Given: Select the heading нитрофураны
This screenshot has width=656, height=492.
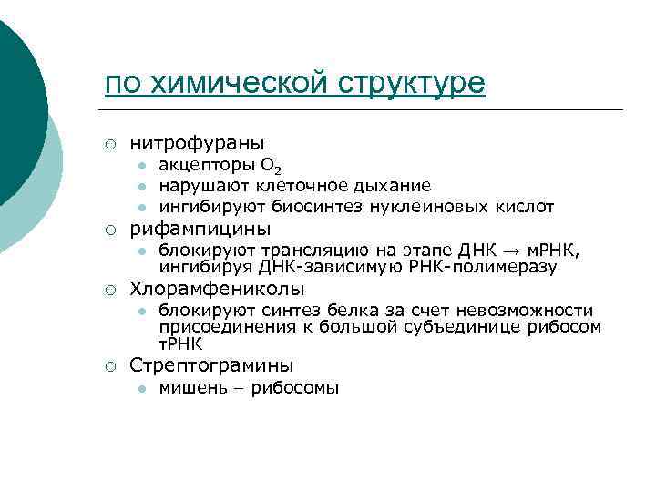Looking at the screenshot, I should pyautogui.click(x=197, y=143).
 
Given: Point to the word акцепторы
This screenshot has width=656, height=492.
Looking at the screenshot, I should pyautogui.click(x=206, y=166).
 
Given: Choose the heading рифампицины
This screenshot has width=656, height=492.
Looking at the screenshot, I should pyautogui.click(x=200, y=228).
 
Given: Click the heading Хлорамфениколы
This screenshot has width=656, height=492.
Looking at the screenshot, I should pyautogui.click(x=217, y=290).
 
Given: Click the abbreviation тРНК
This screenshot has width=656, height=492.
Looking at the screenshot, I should pyautogui.click(x=181, y=343).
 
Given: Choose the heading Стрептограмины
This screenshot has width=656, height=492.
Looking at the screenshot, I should pyautogui.click(x=211, y=365).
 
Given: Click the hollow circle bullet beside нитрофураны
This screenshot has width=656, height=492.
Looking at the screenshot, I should pyautogui.click(x=109, y=144).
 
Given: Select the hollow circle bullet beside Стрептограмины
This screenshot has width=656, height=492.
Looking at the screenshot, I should pyautogui.click(x=109, y=366).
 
